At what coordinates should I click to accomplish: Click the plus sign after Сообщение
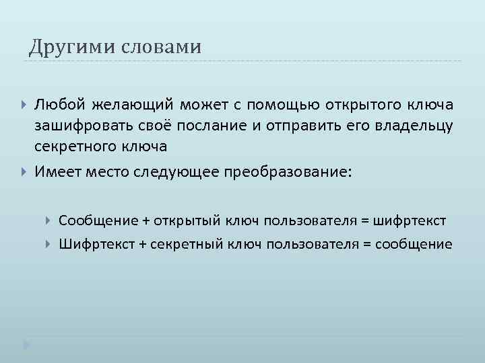point(145,221)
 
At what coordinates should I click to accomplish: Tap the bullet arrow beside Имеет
point(26,172)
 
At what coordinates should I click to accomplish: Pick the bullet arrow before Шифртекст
point(49,243)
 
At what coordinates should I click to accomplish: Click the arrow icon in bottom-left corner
point(26,344)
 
